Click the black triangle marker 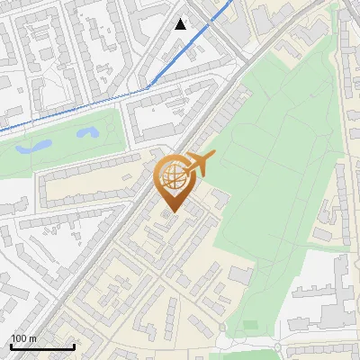181,24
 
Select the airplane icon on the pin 200,164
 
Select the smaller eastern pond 87,133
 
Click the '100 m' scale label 23,338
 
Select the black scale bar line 41,346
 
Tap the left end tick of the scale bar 10,345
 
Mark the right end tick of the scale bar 74,345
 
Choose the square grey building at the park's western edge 219,196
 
